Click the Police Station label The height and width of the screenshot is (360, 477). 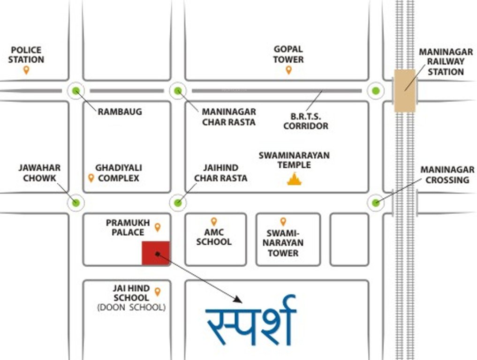[x=26, y=55]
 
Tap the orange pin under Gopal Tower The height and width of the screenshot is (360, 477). [x=288, y=70]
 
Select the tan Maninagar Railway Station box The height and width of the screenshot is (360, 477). [x=405, y=91]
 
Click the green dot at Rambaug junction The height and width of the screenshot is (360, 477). [x=76, y=91]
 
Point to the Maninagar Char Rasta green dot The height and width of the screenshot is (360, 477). [x=178, y=91]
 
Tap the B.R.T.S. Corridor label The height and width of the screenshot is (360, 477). [x=306, y=121]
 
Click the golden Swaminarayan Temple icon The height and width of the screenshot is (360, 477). [x=294, y=179]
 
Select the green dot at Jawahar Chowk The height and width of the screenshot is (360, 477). [x=76, y=202]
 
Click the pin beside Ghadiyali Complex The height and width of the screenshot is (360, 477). [x=91, y=178]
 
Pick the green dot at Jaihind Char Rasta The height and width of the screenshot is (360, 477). [x=178, y=202]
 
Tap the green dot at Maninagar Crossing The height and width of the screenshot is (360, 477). [x=376, y=202]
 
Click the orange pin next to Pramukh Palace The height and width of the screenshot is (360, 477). [x=158, y=227]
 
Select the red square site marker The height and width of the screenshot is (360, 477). [x=156, y=253]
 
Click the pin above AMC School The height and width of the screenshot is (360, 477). [x=214, y=221]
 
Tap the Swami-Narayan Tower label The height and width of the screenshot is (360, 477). [x=283, y=243]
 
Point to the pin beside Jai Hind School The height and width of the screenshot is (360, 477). [x=158, y=292]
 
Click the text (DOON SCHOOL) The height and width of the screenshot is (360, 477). [x=131, y=308]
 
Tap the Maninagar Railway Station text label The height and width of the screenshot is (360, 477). [x=446, y=61]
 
